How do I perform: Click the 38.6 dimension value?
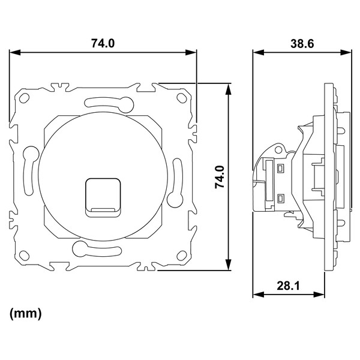click(x=302, y=43)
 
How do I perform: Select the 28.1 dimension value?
click(x=288, y=286)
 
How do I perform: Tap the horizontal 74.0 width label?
click(x=103, y=43)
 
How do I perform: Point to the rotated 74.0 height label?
click(x=220, y=177)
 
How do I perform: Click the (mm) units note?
click(x=25, y=314)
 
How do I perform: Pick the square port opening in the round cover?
click(x=103, y=197)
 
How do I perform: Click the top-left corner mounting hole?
click(x=23, y=98)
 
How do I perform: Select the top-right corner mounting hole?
click(x=181, y=98)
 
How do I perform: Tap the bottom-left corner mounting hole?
click(x=24, y=256)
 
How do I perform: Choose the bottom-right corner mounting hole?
click(x=181, y=255)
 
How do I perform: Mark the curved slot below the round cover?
click(x=97, y=250)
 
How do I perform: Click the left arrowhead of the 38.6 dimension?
click(x=259, y=52)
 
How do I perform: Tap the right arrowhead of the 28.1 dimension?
click(x=319, y=295)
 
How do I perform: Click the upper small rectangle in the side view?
click(x=280, y=169)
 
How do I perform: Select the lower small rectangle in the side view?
click(x=281, y=199)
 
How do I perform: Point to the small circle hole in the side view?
click(x=278, y=149)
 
